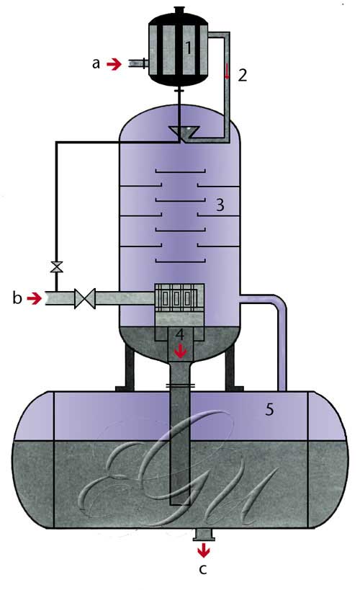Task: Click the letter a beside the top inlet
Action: (x=96, y=64)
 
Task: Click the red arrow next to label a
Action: (x=114, y=64)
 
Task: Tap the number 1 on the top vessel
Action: (x=188, y=48)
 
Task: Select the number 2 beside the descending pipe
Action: (x=243, y=75)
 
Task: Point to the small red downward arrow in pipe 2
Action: (x=227, y=71)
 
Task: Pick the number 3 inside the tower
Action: (x=220, y=205)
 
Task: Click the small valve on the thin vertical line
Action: (x=56, y=267)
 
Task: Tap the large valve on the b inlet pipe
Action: (x=85, y=299)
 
